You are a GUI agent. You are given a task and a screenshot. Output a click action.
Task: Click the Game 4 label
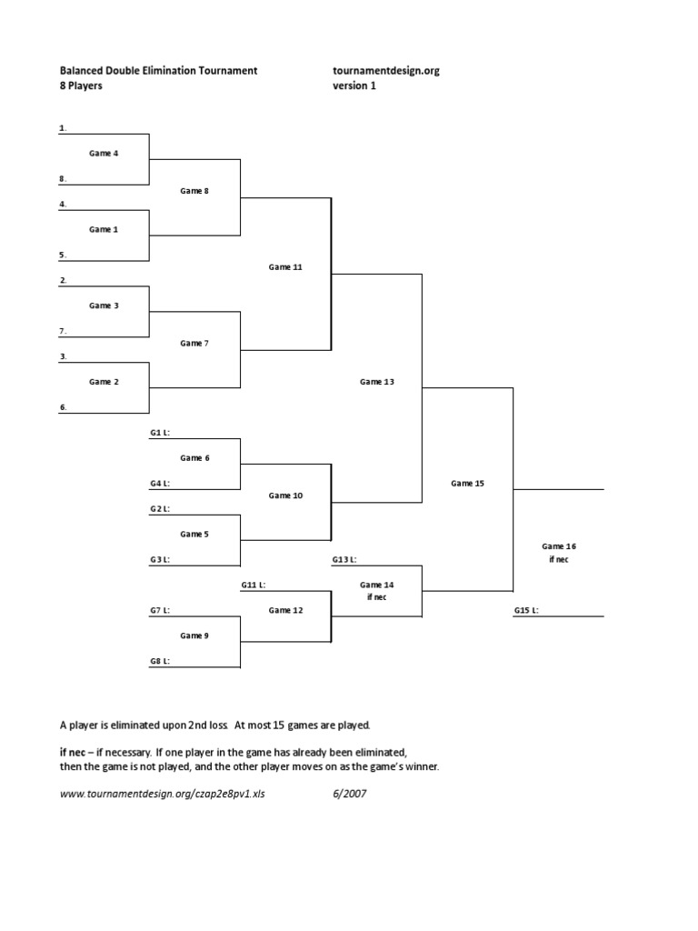pyautogui.click(x=104, y=154)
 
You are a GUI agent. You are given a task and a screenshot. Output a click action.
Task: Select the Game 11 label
pyautogui.click(x=285, y=267)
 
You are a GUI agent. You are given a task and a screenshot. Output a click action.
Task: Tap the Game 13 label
pyautogui.click(x=377, y=382)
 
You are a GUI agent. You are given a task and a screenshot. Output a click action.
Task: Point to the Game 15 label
pyautogui.click(x=468, y=484)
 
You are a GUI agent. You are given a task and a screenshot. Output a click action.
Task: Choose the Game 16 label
pyautogui.click(x=559, y=546)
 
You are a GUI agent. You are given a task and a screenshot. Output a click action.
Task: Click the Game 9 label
pyautogui.click(x=194, y=636)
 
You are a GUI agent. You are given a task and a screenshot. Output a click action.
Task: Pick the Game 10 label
pyautogui.click(x=285, y=496)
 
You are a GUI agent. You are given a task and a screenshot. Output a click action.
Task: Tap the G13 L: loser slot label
pyautogui.click(x=344, y=560)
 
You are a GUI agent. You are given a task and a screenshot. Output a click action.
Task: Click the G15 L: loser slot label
pyautogui.click(x=526, y=611)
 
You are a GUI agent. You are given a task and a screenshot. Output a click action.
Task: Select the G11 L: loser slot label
pyautogui.click(x=254, y=586)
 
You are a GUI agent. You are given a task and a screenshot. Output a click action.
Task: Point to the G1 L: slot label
pyautogui.click(x=160, y=433)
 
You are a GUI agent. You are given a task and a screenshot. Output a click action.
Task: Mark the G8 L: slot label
pyautogui.click(x=160, y=662)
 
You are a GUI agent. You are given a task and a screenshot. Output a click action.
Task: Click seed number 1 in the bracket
pyautogui.click(x=63, y=128)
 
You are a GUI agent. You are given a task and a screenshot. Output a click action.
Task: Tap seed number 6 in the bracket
pyautogui.click(x=63, y=407)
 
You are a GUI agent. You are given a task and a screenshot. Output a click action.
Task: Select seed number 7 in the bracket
pyautogui.click(x=63, y=331)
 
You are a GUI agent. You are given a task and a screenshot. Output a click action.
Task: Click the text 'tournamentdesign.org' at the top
pyautogui.click(x=386, y=70)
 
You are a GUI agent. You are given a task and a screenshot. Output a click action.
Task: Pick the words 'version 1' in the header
pyautogui.click(x=354, y=86)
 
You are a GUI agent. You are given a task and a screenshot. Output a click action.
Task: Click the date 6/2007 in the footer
pyautogui.click(x=350, y=793)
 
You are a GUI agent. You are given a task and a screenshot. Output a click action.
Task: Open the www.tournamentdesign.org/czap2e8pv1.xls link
pyautogui.click(x=164, y=793)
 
